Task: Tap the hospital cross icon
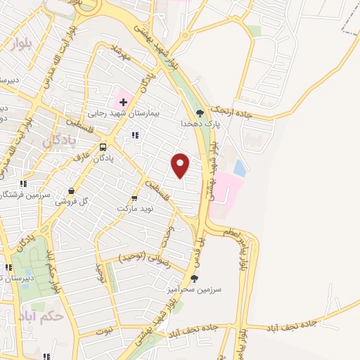[124, 103]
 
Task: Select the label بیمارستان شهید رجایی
[124, 113]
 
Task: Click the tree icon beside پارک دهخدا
[200, 112]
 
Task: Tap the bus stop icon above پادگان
[103, 148]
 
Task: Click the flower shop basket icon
[71, 190]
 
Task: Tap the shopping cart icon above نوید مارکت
[135, 199]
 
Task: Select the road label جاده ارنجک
[230, 110]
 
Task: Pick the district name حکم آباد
[43, 314]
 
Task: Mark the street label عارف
[82, 158]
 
